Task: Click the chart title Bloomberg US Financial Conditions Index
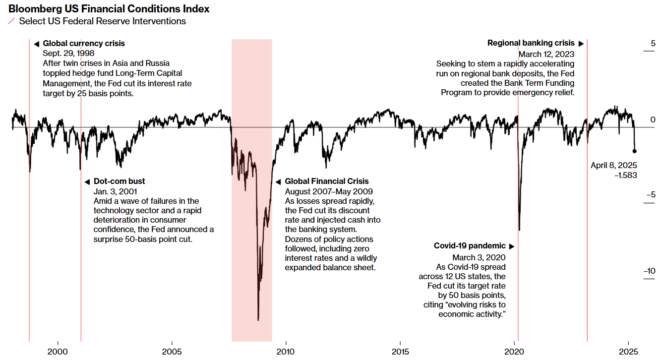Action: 109,9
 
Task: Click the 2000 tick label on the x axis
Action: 58,352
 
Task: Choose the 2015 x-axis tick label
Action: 400,352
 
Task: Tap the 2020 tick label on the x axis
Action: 514,352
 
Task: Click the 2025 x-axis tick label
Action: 628,352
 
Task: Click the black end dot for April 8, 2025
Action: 635,151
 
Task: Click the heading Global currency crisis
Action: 84,44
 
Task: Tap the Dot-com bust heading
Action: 119,181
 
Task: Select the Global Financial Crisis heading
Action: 327,181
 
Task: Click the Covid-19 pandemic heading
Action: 470,246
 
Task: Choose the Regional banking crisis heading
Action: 531,44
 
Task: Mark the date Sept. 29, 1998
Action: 68,54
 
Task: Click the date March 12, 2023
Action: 546,54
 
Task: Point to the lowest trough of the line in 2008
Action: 258,320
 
